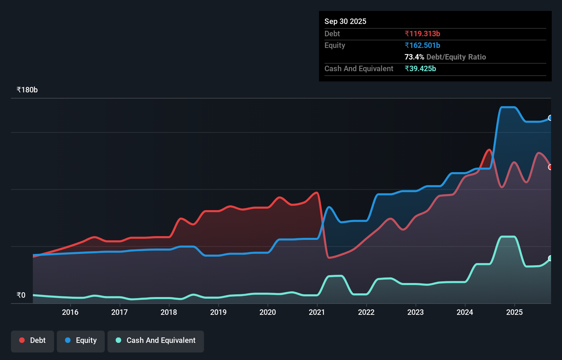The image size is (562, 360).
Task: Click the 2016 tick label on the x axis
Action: [70, 312]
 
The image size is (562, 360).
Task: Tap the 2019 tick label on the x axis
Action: [218, 312]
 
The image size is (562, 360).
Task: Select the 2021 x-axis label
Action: [317, 312]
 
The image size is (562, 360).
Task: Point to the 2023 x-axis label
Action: [416, 312]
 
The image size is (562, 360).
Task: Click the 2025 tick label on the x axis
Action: [514, 312]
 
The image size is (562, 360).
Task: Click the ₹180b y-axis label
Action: [27, 90]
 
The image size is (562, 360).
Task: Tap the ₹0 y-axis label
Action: [21, 295]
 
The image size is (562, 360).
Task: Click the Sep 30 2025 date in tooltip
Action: [345, 21]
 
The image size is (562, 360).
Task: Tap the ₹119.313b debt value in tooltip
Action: [422, 34]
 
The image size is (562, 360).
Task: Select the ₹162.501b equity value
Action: [422, 45]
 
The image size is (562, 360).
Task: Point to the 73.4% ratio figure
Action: [414, 57]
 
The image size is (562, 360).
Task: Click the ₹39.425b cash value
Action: [420, 68]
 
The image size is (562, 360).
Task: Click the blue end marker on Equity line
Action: [550, 118]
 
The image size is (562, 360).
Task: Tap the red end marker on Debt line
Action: [550, 167]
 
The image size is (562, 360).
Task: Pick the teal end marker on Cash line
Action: [550, 258]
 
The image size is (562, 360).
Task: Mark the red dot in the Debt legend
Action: [22, 340]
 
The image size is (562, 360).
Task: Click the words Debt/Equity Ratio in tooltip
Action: [456, 57]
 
